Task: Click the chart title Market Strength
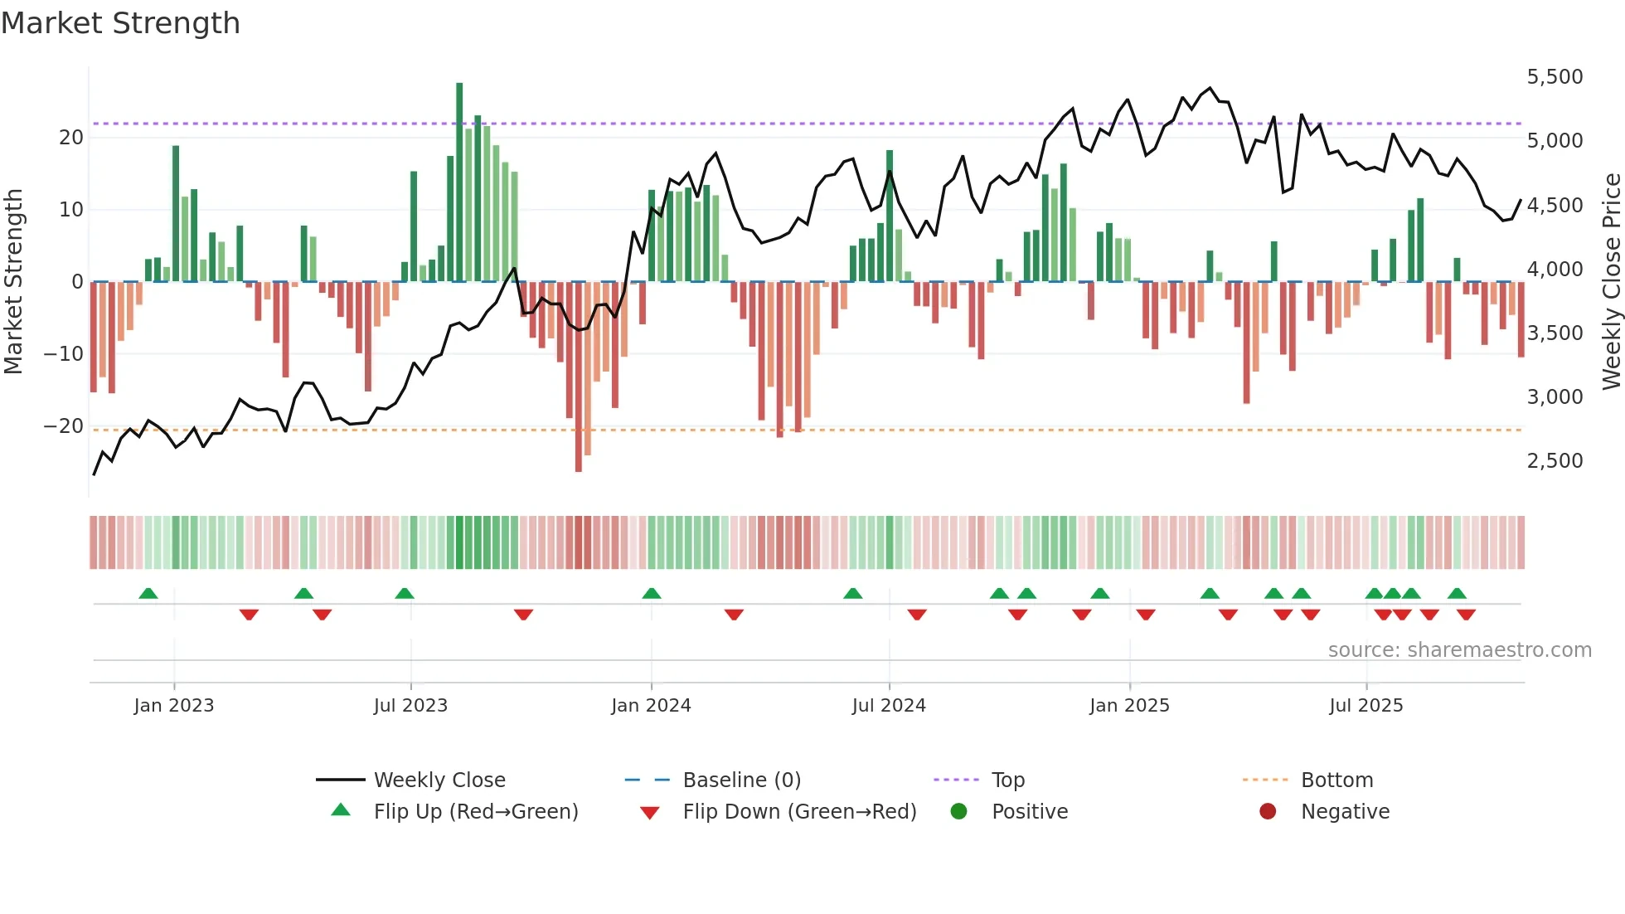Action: coord(120,23)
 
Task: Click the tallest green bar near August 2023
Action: coord(459,182)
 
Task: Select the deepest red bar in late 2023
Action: coord(578,377)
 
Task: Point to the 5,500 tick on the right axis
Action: coord(1555,77)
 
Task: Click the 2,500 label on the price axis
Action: coord(1555,461)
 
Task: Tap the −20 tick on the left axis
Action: coord(64,426)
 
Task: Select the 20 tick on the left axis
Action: coord(71,138)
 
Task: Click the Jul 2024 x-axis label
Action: coord(888,706)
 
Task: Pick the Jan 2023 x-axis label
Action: coord(173,706)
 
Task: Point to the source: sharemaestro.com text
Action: coord(1459,650)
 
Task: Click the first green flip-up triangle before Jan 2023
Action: coord(148,594)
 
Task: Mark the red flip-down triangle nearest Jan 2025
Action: coord(1146,615)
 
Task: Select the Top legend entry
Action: coord(1007,780)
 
